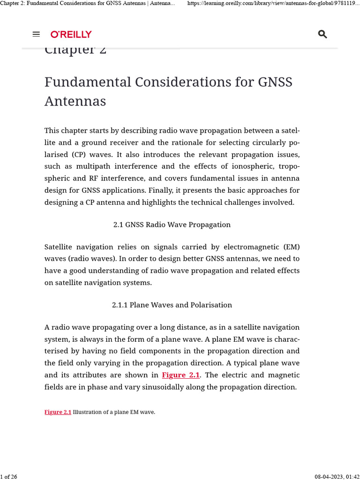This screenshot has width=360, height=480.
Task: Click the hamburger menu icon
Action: pyautogui.click(x=36, y=34)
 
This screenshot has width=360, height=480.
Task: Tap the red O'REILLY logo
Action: pyautogui.click(x=71, y=34)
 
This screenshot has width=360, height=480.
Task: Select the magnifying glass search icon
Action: pyautogui.click(x=322, y=34)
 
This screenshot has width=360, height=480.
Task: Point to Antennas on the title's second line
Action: pyautogui.click(x=75, y=101)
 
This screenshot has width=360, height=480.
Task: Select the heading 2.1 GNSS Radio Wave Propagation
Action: pyautogui.click(x=172, y=225)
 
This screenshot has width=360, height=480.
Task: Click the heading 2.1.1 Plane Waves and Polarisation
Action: pyautogui.click(x=172, y=305)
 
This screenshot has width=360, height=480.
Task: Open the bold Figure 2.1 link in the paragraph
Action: pyautogui.click(x=181, y=375)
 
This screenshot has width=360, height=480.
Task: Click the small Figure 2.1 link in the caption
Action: pyautogui.click(x=58, y=412)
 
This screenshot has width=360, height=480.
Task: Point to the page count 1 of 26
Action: pyautogui.click(x=9, y=477)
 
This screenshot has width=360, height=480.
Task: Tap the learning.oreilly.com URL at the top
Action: pyautogui.click(x=273, y=4)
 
